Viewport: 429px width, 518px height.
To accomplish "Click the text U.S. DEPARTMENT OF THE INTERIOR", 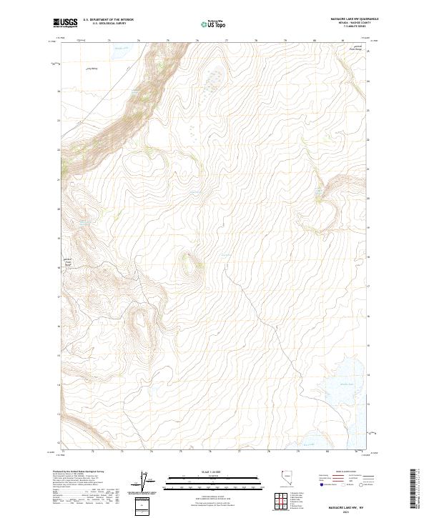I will point(108,20).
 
